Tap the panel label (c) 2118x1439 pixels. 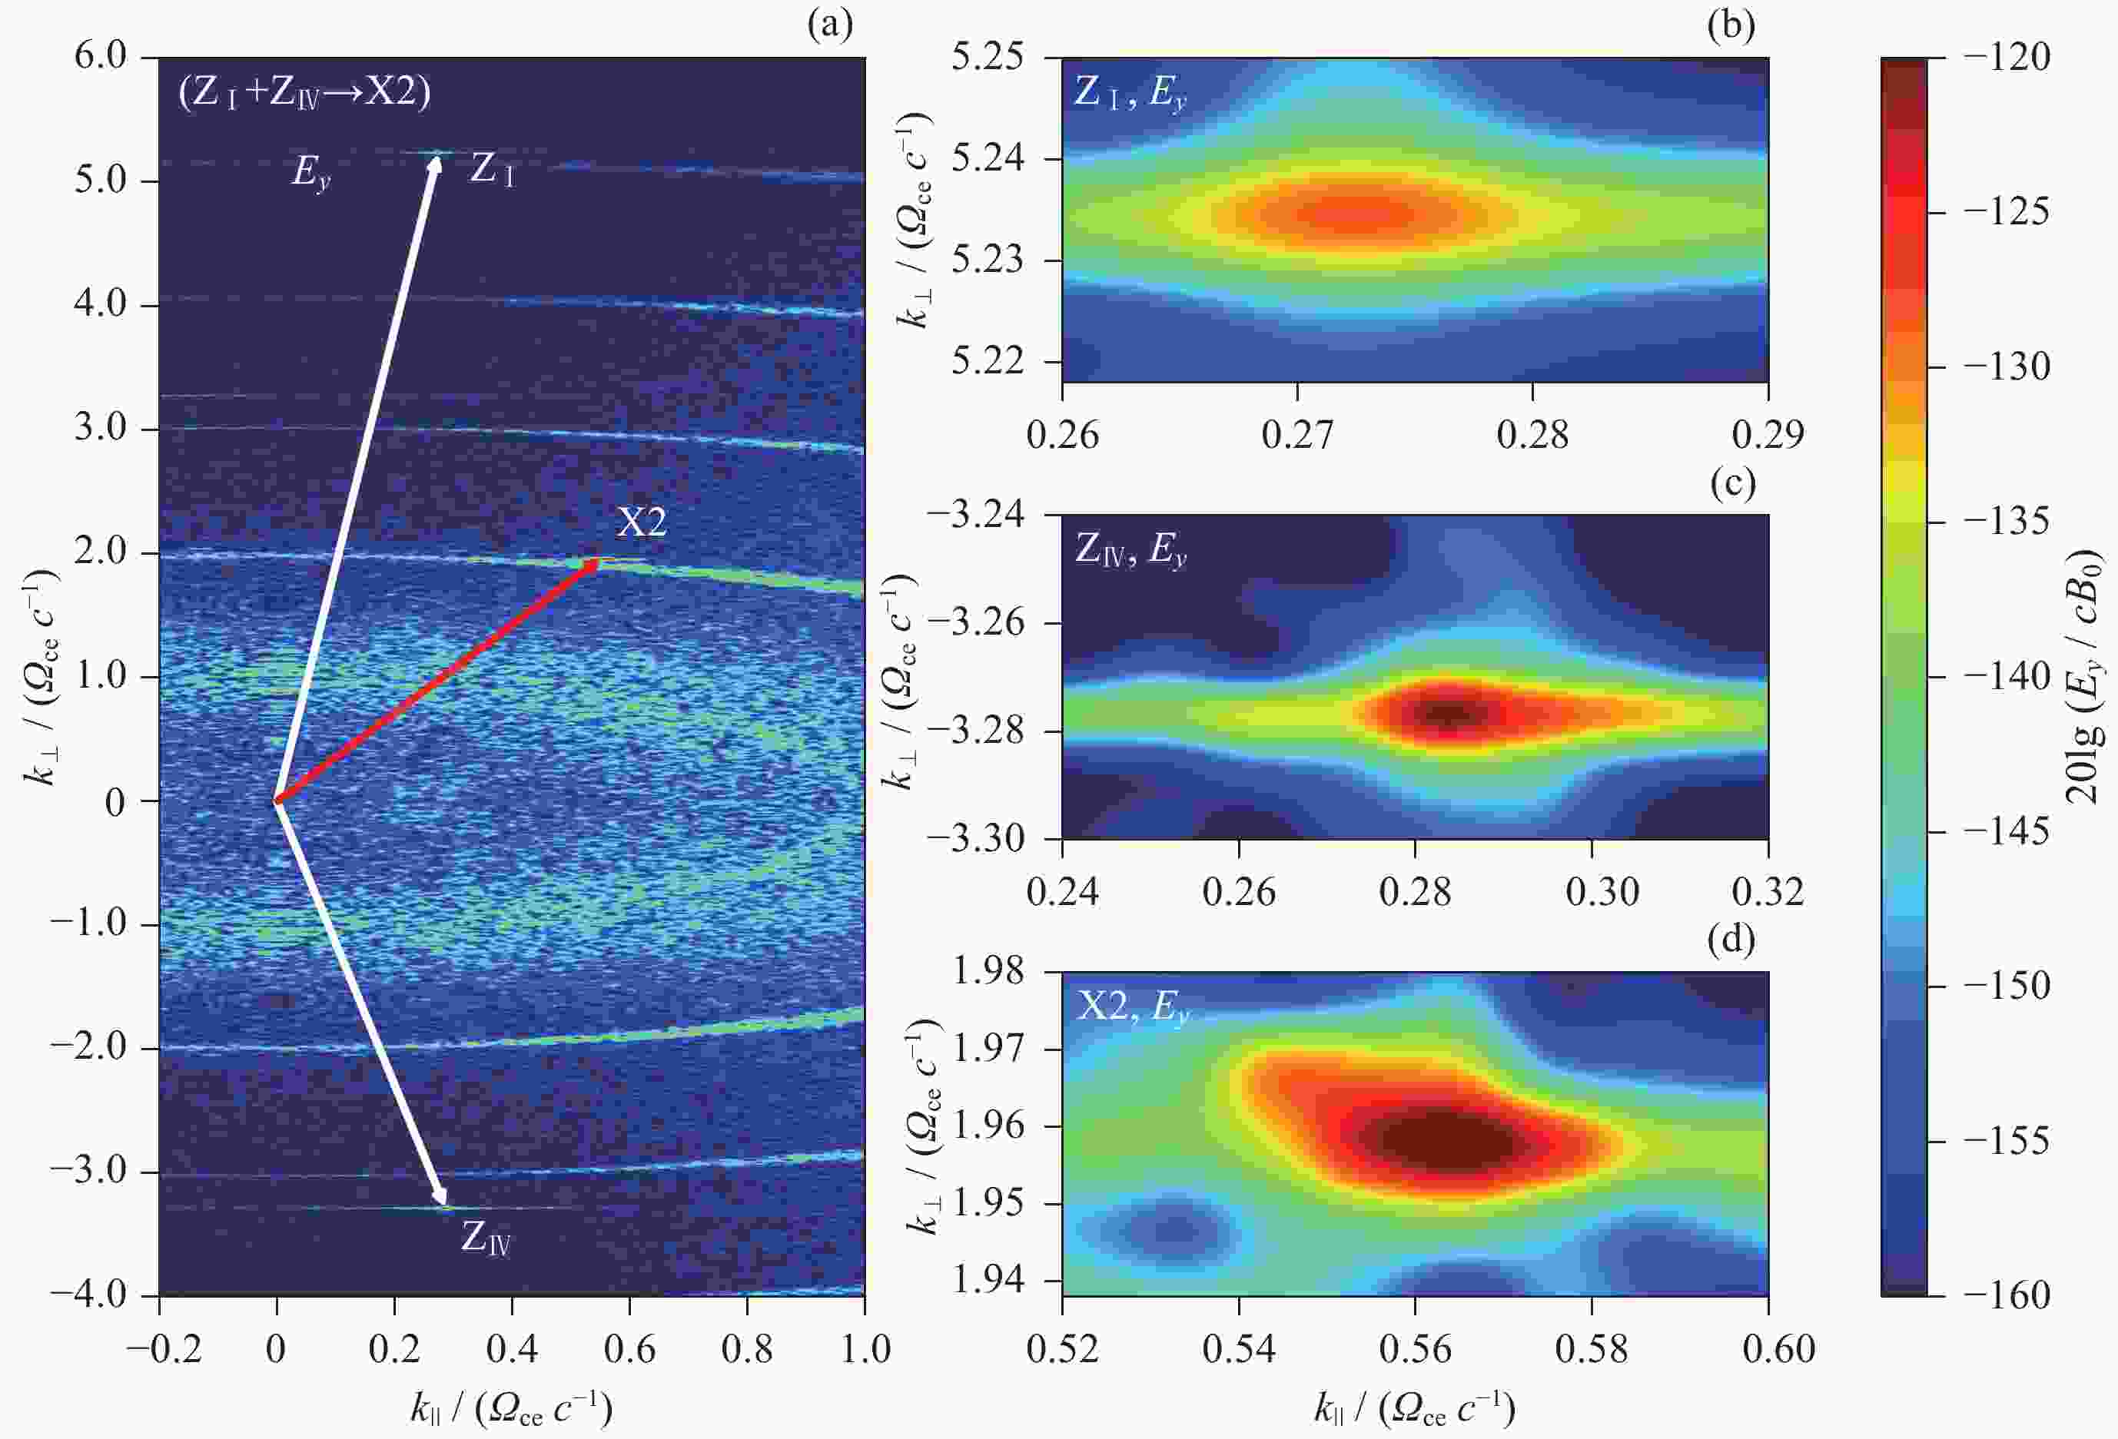pos(1731,484)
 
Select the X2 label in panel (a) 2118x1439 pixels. pos(642,522)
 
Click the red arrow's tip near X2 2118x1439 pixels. pos(598,562)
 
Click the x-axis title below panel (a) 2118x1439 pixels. pos(511,1409)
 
